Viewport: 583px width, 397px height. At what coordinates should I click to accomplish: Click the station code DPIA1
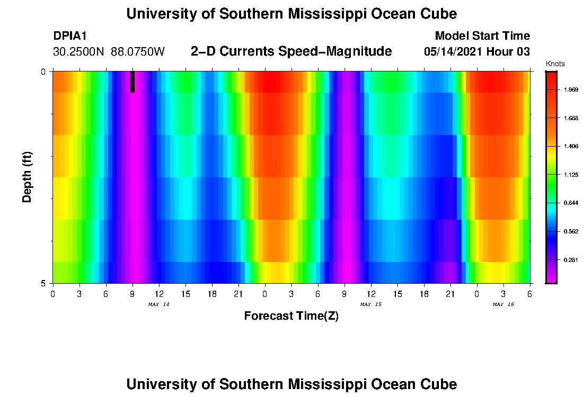pyautogui.click(x=70, y=36)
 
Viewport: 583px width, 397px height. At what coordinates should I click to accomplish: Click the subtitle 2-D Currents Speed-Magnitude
pyautogui.click(x=291, y=51)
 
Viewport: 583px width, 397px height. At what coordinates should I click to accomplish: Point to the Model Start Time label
pyautogui.click(x=482, y=36)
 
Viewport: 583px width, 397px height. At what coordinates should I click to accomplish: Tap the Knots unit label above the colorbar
pyautogui.click(x=555, y=64)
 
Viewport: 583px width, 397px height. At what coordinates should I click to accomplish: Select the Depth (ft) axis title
pyautogui.click(x=28, y=177)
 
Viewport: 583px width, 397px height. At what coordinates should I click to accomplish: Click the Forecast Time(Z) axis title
pyautogui.click(x=291, y=316)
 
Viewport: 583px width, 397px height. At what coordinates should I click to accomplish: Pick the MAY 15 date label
pyautogui.click(x=370, y=304)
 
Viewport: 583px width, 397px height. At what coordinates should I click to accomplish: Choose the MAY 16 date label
pyautogui.click(x=503, y=304)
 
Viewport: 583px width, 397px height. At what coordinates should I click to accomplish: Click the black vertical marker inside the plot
pyautogui.click(x=132, y=82)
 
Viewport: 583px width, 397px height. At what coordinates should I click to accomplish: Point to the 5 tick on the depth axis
pyautogui.click(x=43, y=283)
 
